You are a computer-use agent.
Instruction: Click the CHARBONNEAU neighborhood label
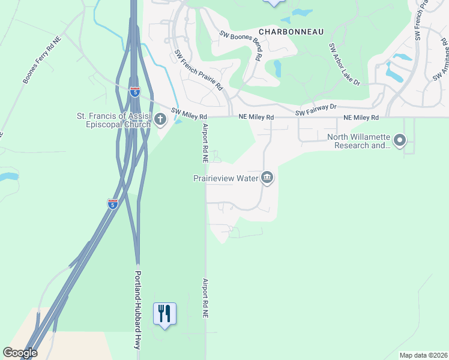coord(291,31)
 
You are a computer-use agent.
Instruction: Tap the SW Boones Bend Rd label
coord(241,46)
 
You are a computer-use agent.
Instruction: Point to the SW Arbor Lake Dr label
coord(345,64)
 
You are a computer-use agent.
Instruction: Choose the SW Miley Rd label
coord(189,113)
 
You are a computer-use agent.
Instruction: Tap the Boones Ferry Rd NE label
coord(41,62)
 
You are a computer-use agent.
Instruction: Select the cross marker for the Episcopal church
coord(160,119)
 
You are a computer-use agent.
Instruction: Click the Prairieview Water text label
coord(225,178)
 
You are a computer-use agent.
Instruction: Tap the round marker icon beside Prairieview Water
coord(268,178)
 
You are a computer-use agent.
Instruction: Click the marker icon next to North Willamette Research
coord(400,141)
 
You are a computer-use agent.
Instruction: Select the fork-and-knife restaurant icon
coord(164,314)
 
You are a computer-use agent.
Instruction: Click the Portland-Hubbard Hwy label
coord(137,310)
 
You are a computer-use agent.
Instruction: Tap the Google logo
coord(20,352)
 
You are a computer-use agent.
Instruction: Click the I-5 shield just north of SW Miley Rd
coord(135,91)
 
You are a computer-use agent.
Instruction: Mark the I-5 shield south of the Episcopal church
coord(112,203)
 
